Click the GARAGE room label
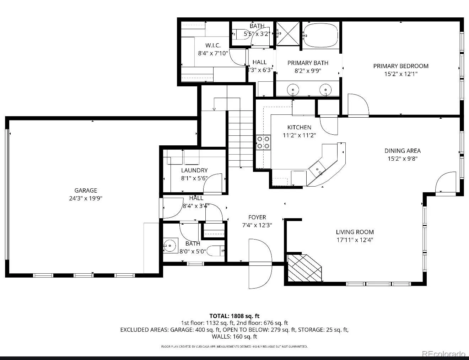(86, 190)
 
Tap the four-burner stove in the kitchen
(263, 143)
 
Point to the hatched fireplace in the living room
(304, 268)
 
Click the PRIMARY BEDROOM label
(401, 66)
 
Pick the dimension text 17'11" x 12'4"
(355, 240)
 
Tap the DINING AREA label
(403, 151)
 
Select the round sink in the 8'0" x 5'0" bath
(169, 246)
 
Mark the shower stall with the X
(288, 33)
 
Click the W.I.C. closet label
(213, 45)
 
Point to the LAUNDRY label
(194, 170)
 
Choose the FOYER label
(257, 217)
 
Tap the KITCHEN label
(299, 127)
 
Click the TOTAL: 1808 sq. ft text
(234, 316)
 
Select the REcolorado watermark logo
(443, 354)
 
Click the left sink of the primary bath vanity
(293, 90)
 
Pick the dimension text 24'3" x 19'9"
(86, 198)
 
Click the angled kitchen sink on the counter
(317, 169)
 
